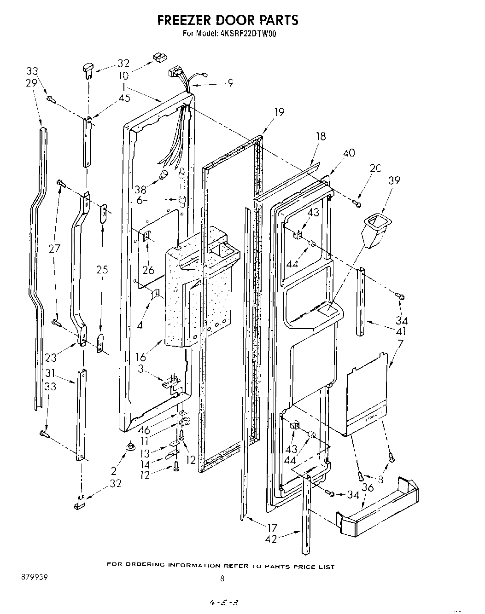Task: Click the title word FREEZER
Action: [187, 20]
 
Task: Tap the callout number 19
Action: [278, 112]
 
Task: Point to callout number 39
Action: [394, 181]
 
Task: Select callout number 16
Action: [140, 357]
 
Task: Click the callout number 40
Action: [349, 152]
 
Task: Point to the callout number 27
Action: [54, 249]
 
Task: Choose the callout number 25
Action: [102, 269]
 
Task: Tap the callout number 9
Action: [230, 83]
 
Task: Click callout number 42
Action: [271, 539]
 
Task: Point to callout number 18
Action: [321, 136]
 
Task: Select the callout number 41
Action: [401, 331]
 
